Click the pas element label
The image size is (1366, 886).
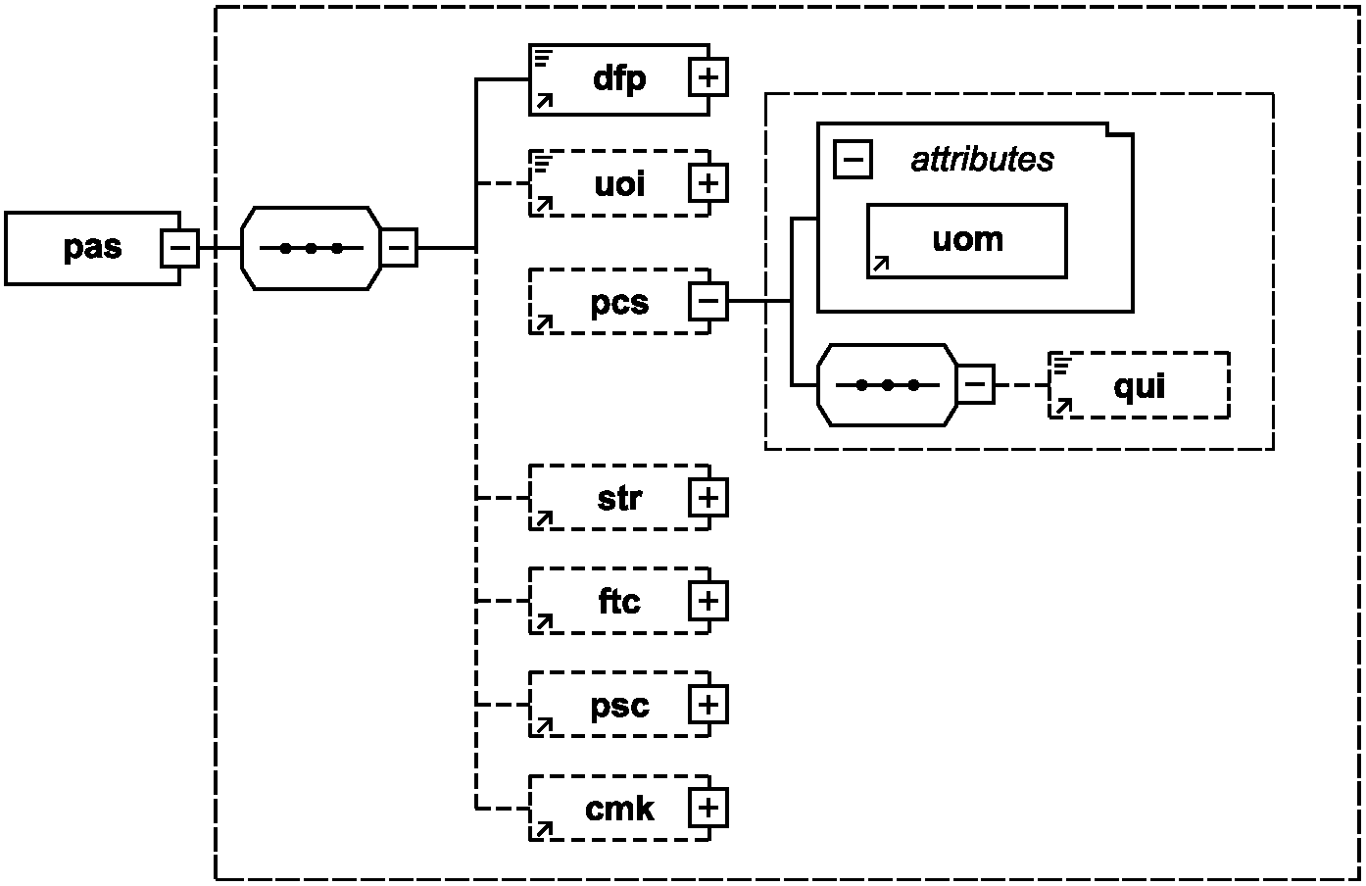93,248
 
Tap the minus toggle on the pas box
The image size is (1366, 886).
180,248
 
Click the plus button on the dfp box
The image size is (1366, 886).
708,77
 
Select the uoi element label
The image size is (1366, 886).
619,184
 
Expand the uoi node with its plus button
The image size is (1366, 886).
708,183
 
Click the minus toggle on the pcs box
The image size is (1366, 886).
708,301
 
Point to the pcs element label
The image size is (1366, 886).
619,303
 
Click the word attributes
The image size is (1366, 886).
982,160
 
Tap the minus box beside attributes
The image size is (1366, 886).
853,159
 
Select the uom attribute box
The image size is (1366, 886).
967,241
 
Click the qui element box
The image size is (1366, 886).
1139,385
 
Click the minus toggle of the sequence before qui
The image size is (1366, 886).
976,384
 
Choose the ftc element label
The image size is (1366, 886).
619,602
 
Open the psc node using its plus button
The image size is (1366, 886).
708,705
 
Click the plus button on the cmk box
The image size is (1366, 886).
708,808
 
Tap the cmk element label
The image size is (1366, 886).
619,810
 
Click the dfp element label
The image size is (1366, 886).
619,79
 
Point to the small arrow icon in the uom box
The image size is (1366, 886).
881,264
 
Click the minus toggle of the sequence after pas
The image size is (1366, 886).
399,248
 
